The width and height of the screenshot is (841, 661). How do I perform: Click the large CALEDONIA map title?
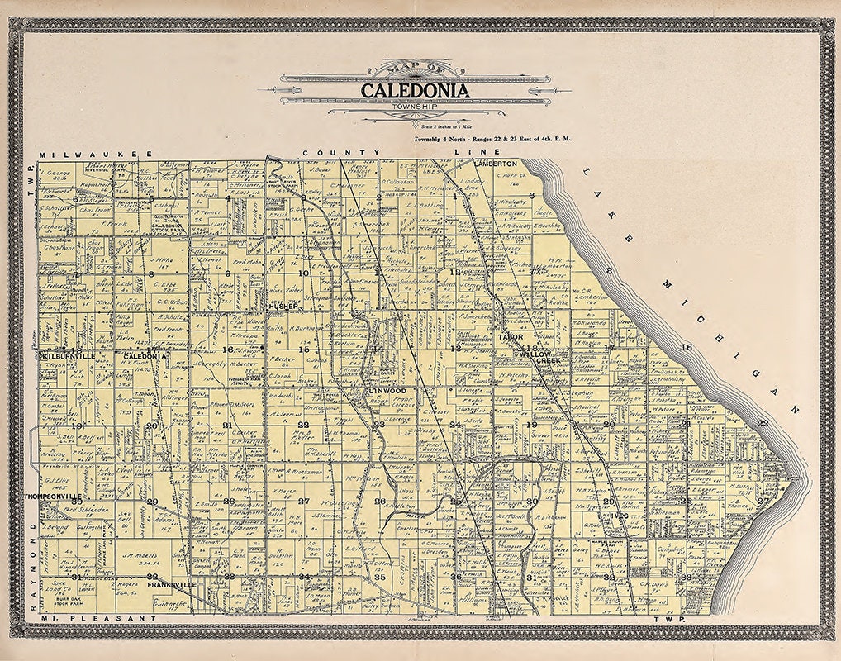pyautogui.click(x=414, y=89)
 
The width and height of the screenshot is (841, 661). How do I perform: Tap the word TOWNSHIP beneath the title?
pyautogui.click(x=415, y=107)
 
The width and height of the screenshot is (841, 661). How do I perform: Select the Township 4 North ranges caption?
pyautogui.click(x=494, y=140)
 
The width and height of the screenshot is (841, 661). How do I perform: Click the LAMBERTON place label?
pyautogui.click(x=495, y=164)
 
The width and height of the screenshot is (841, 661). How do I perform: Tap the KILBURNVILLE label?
pyautogui.click(x=68, y=355)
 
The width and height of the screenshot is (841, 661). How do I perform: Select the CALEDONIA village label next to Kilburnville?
pyautogui.click(x=146, y=355)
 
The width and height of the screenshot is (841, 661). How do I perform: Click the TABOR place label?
pyautogui.click(x=505, y=338)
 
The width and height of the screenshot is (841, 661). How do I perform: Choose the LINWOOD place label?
pyautogui.click(x=387, y=388)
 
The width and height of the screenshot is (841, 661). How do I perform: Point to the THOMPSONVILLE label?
pyautogui.click(x=52, y=497)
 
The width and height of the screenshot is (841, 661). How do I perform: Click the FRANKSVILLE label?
pyautogui.click(x=172, y=584)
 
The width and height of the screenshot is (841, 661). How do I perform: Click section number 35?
pyautogui.click(x=380, y=577)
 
